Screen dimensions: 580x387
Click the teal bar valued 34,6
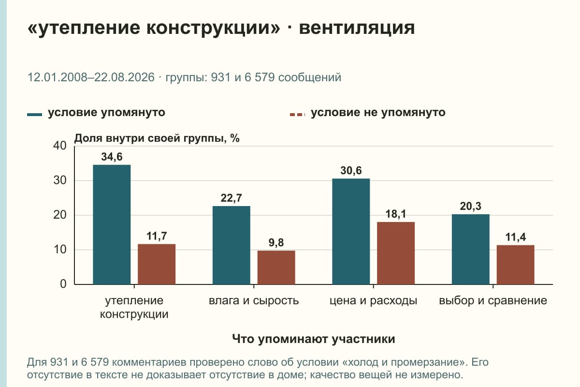coord(112,224)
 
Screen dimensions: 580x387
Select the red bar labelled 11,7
coord(157,264)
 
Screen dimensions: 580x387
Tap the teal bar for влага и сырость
coord(231,245)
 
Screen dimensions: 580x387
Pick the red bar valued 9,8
coord(276,268)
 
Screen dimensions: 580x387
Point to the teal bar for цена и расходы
coord(351,231)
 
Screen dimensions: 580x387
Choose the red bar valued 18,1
coord(396,253)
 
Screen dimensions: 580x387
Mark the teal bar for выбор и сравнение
coord(470,249)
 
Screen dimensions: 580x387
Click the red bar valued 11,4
coord(515,265)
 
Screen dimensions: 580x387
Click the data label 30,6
coord(351,171)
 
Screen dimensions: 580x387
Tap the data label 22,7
coord(231,198)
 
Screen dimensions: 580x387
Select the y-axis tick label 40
coord(60,146)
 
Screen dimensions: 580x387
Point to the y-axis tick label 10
coord(60,250)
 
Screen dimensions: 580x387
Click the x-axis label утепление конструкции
coord(134,307)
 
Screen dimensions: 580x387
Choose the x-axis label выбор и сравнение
coord(493,301)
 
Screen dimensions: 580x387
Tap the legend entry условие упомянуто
coord(106,113)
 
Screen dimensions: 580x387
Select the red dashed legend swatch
coord(298,115)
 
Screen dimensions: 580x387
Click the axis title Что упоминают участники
coord(313,339)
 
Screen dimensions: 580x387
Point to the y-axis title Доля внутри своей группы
coord(150,138)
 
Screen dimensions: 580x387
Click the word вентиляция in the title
coord(357,28)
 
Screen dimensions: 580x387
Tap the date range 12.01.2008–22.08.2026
coord(91,77)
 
